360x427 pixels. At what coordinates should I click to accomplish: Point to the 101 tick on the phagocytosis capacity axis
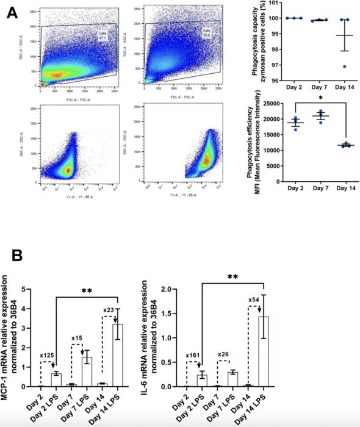click(274, 4)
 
